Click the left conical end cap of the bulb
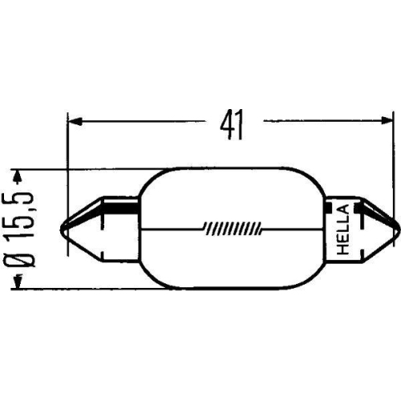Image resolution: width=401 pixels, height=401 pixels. (x=100, y=228)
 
